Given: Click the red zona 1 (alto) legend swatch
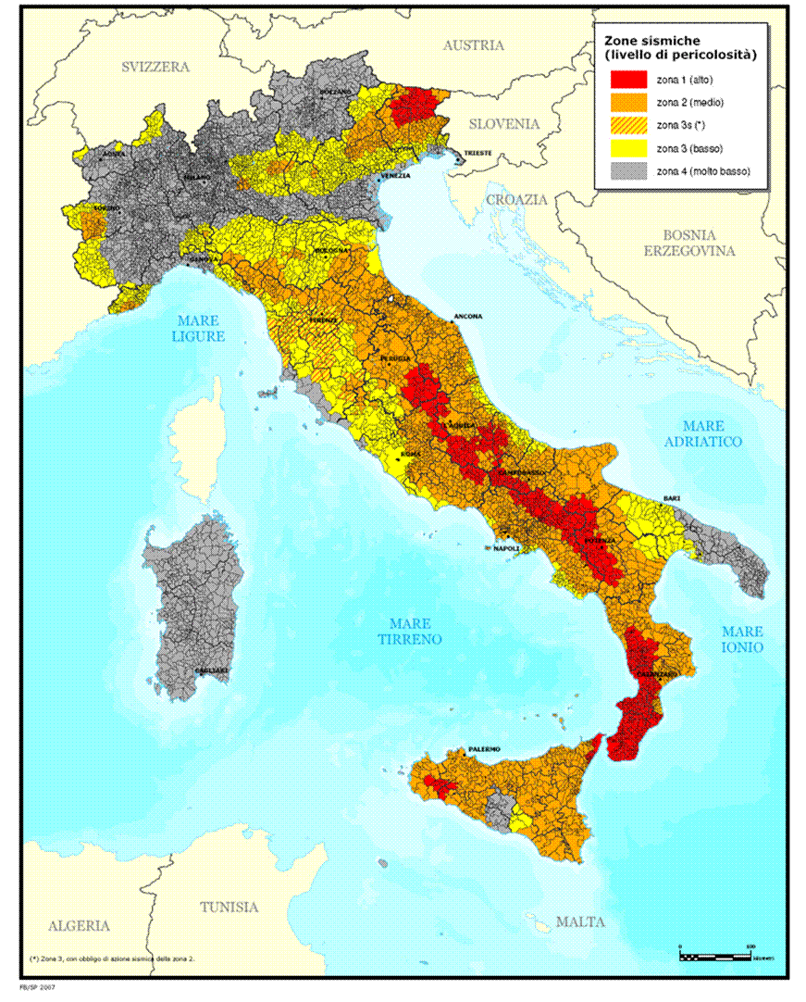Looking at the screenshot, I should coord(626,80).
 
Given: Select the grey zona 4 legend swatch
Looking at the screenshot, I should coord(626,170).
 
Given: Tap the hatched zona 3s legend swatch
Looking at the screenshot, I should coord(626,125).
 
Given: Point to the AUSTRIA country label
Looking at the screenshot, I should coord(473,45).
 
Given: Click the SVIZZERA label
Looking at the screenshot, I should coord(155,67).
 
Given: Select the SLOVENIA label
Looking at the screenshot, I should coord(503,123).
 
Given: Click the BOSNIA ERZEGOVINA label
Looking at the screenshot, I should coord(689,244).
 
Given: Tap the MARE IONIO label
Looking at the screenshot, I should coord(743,638).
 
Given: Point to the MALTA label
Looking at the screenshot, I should coord(580,921).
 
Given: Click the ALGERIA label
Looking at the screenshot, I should coord(80,925).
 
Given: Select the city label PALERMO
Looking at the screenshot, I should coord(484,748).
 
